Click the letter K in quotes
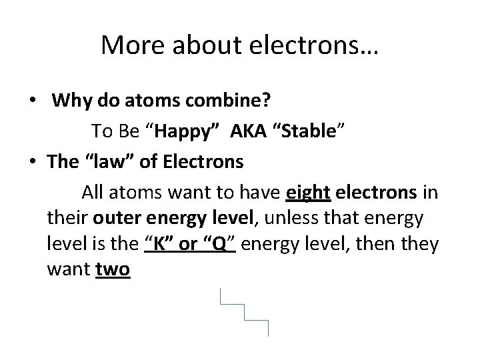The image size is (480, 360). click(161, 244)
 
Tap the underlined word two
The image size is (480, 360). click(113, 270)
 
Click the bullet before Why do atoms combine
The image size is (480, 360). click(33, 101)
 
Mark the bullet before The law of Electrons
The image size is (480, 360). click(33, 161)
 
